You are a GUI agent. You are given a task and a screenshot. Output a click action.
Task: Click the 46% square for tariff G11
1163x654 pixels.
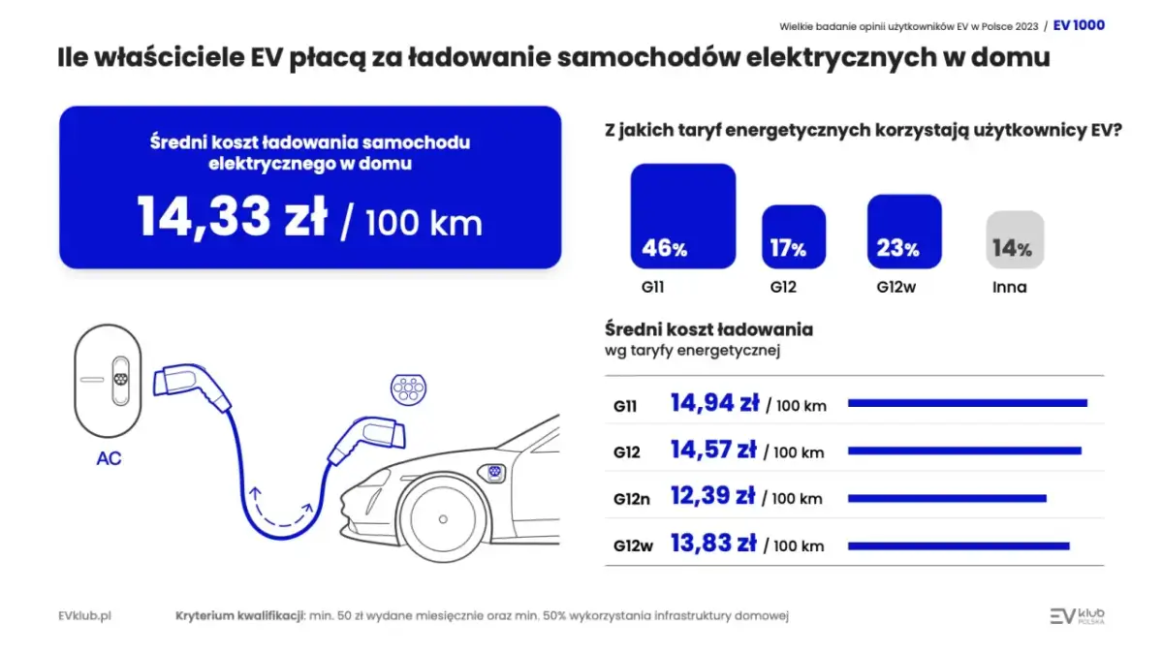(683, 216)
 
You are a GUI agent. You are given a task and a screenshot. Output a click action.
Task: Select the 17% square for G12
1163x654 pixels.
(794, 236)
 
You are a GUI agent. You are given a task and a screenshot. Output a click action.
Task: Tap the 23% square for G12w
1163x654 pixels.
(904, 232)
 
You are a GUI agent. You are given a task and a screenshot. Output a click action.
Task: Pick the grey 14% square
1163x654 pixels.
(1015, 239)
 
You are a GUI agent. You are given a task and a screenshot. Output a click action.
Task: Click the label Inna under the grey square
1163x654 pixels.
(1009, 287)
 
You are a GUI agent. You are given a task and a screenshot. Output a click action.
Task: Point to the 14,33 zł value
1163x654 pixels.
(233, 216)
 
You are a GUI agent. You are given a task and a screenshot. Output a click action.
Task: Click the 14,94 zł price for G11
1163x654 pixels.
(714, 403)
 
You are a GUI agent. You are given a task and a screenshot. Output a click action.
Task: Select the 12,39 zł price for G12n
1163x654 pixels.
(712, 496)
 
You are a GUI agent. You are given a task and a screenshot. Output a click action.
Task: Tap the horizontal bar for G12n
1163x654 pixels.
(947, 498)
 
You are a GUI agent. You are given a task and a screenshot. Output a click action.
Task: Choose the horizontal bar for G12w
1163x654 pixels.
(959, 545)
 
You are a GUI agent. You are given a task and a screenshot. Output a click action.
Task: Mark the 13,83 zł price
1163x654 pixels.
(713, 545)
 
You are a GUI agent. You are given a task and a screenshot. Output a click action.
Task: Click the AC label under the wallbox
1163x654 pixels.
(109, 458)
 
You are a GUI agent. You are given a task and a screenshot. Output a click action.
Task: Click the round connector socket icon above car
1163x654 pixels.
(408, 389)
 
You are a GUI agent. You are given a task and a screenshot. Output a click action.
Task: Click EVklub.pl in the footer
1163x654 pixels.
(84, 616)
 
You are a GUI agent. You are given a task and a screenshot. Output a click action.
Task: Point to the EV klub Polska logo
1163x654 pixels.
(1077, 616)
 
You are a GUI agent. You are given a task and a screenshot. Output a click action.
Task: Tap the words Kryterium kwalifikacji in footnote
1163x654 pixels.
(239, 616)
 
